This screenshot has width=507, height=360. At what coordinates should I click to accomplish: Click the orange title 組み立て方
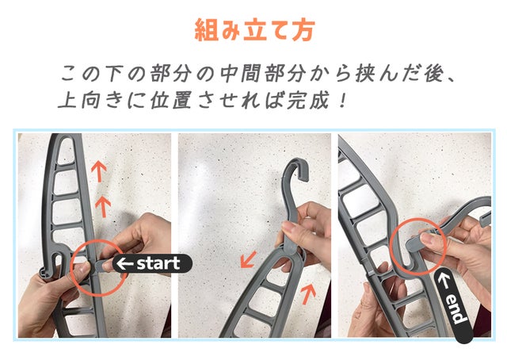coord(255,30)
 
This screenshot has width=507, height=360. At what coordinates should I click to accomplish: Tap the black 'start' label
coord(152,263)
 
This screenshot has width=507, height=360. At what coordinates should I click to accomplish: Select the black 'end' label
coord(454,305)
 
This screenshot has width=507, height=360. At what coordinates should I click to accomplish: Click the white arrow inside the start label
coord(125,264)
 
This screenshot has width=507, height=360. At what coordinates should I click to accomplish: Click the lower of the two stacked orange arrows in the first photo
coord(103,206)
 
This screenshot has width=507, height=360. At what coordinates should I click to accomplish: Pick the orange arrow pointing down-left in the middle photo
coord(248,259)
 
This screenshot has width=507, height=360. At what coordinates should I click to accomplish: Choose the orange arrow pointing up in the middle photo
coord(308,293)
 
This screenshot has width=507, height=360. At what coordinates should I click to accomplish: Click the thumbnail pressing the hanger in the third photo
coord(426,239)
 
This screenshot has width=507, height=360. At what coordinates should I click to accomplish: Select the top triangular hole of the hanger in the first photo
coord(65,150)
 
